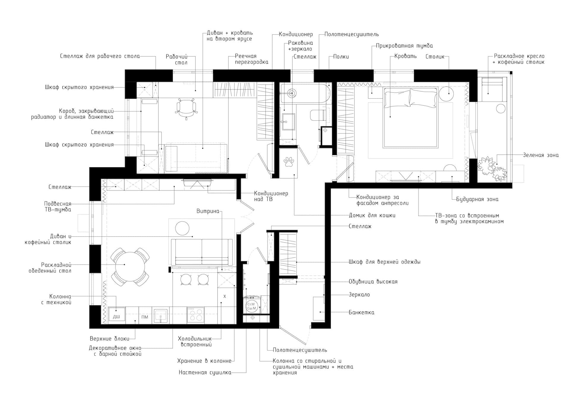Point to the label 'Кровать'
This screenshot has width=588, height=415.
(x=406, y=56)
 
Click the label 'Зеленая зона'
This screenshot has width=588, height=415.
(x=541, y=155)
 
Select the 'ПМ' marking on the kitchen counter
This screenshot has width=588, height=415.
(x=145, y=317)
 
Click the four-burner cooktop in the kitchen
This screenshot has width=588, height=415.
(x=196, y=315)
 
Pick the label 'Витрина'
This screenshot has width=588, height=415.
(x=208, y=211)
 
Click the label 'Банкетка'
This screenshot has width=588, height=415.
(x=362, y=312)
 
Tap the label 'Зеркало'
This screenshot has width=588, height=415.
(x=359, y=295)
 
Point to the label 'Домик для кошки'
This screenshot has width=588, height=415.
(x=372, y=215)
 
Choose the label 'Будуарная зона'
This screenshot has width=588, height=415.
(x=477, y=199)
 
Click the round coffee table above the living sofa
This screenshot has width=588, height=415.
(x=182, y=228)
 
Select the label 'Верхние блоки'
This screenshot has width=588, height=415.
(x=110, y=339)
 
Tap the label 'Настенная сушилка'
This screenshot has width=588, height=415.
(x=205, y=373)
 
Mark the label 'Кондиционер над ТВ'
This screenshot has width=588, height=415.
(x=271, y=196)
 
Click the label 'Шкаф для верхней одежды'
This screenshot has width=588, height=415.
(x=385, y=262)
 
